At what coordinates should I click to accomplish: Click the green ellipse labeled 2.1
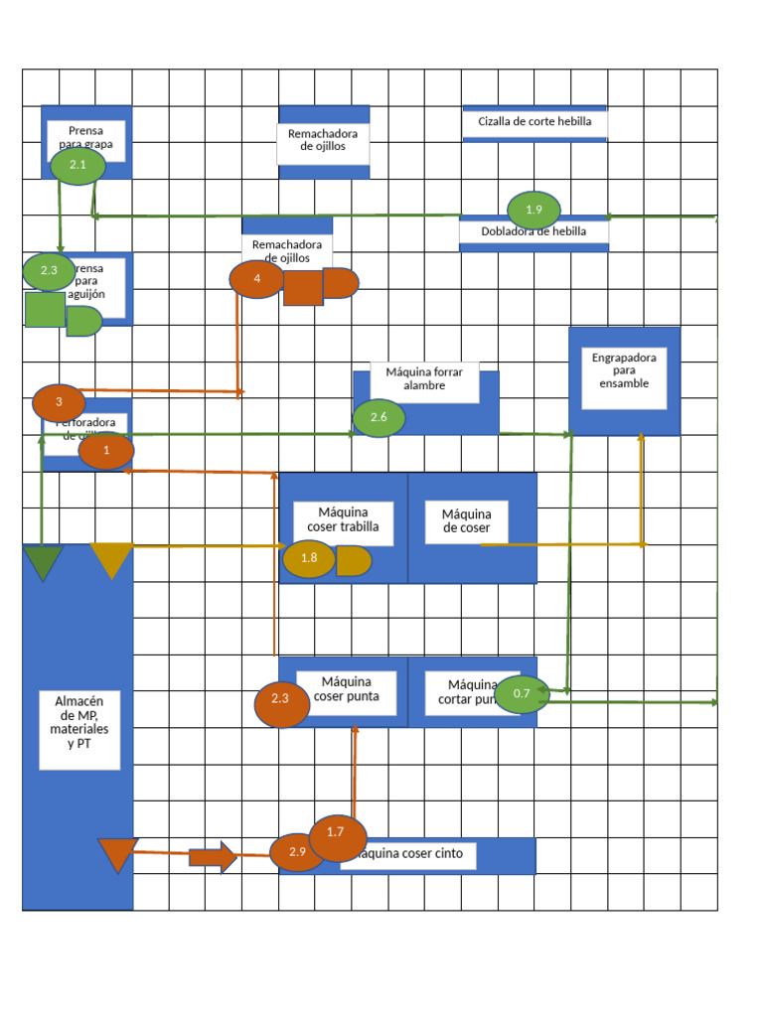coord(78,166)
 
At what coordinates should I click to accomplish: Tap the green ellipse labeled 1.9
coord(534,210)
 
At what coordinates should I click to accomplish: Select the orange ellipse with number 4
coord(256,279)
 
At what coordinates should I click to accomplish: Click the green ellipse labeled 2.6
coord(379,417)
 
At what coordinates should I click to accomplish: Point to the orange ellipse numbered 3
coord(59,402)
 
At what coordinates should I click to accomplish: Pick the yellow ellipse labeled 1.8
coord(309,558)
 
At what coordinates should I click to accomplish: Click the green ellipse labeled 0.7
coord(522,693)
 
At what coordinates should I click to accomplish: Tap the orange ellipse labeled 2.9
coord(296,852)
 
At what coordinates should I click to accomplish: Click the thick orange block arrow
coord(213,856)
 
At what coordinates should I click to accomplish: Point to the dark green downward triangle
coord(43,561)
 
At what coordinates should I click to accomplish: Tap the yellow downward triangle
coord(111,560)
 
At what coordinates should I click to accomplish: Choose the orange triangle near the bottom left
coord(117,855)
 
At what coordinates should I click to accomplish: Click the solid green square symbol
coord(45,310)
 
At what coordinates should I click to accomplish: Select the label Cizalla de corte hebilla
coord(534,122)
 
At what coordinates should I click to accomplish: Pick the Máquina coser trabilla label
coord(343,520)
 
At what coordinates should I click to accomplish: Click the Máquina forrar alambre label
coord(424,378)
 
